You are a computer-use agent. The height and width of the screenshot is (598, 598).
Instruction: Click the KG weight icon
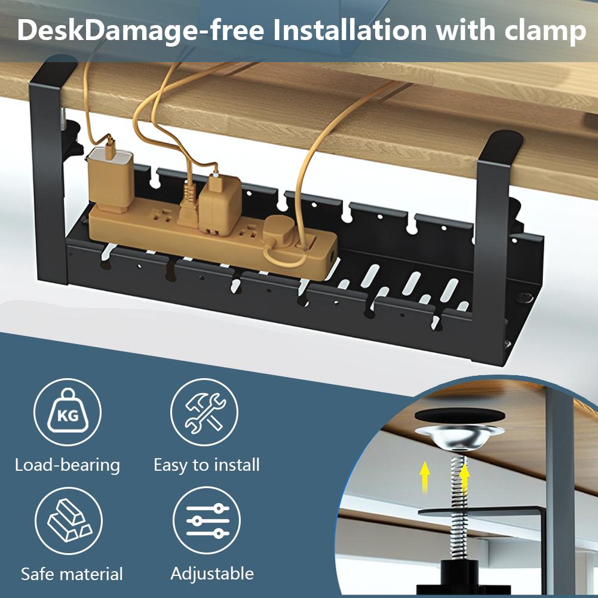(x=67, y=413)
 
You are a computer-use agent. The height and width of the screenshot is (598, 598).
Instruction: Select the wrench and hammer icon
(x=204, y=412)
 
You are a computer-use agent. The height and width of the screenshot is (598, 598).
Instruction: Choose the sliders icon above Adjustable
(x=207, y=520)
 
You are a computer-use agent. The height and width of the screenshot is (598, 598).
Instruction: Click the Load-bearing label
(x=68, y=465)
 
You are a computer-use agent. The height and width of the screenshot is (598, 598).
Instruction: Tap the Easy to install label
(x=207, y=465)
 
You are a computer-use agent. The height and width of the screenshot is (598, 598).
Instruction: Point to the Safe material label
(x=72, y=574)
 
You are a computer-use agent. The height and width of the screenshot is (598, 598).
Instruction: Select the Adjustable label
(x=212, y=574)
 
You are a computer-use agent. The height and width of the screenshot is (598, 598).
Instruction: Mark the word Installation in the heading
(x=349, y=31)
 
